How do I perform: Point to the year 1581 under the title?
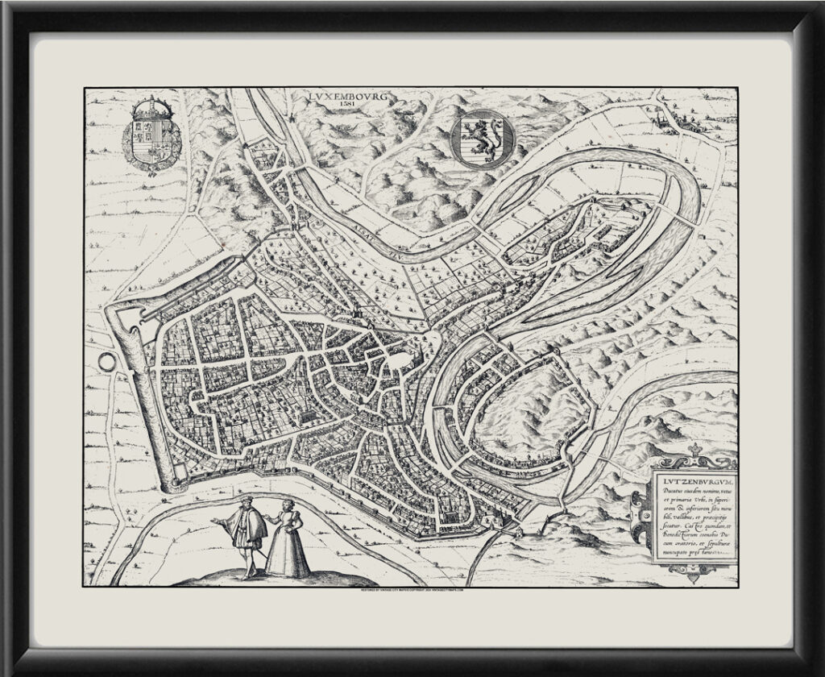tap(347, 105)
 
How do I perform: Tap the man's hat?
tap(242, 503)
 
